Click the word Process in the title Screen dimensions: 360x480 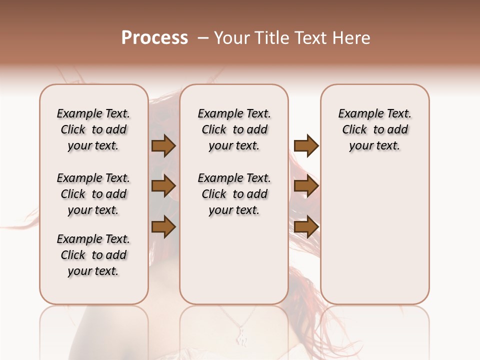click(154, 38)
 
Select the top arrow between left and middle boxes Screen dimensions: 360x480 click(163, 146)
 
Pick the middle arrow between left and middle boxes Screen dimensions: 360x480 click(163, 186)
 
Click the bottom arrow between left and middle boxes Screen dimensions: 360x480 click(163, 227)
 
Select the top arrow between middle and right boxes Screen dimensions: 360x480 click(306, 146)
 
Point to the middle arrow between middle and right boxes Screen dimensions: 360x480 click(306, 186)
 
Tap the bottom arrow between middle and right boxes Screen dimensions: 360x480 click(306, 227)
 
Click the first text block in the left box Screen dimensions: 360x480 click(93, 129)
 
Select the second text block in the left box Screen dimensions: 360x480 click(93, 194)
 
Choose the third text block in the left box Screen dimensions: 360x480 click(93, 255)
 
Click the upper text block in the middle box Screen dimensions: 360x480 click(234, 129)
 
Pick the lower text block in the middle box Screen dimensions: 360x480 click(234, 194)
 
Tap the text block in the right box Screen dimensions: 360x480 click(374, 129)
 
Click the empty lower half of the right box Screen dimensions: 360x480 click(374, 240)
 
